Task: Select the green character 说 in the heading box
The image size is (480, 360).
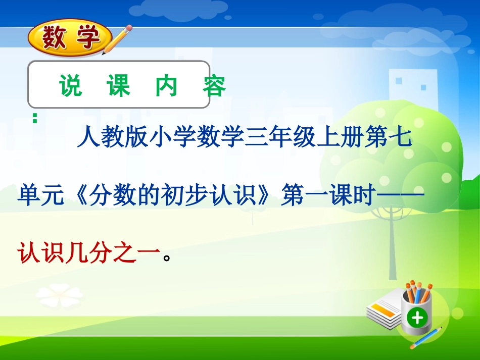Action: [70, 86]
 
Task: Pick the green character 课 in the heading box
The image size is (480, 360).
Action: [118, 86]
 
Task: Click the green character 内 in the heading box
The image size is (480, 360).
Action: [166, 86]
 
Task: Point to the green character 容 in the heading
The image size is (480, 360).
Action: [214, 86]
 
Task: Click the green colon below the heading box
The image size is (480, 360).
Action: [35, 118]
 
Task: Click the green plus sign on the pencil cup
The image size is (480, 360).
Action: [417, 318]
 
